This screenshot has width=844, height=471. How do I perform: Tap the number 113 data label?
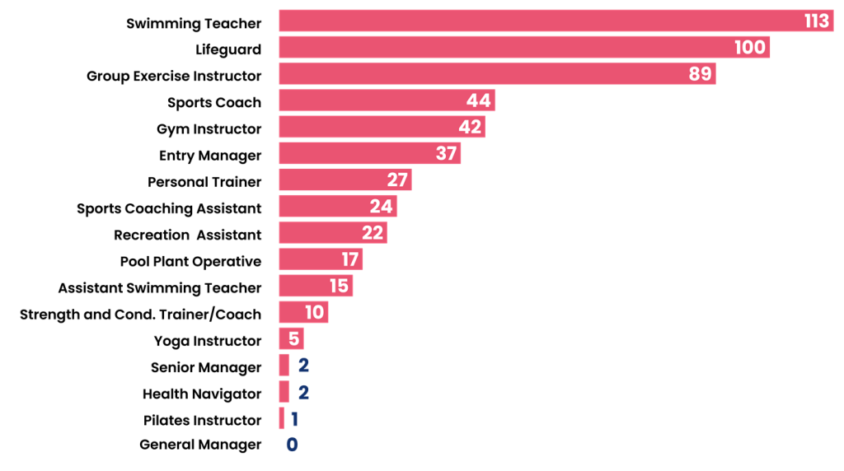pyautogui.click(x=817, y=21)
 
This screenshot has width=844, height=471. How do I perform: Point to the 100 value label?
pyautogui.click(x=750, y=48)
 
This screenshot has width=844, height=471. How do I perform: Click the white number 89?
pyautogui.click(x=700, y=74)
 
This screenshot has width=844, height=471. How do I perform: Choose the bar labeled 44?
pyautogui.click(x=371, y=100)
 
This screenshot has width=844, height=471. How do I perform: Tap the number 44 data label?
pyautogui.click(x=478, y=100)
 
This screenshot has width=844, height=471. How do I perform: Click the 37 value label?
pyautogui.click(x=446, y=153)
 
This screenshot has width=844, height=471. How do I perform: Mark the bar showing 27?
pyautogui.click(x=330, y=180)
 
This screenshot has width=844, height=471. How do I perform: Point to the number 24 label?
pyautogui.click(x=381, y=206)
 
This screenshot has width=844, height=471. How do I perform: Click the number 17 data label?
pyautogui.click(x=350, y=259)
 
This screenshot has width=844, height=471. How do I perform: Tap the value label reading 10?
pyautogui.click(x=314, y=312)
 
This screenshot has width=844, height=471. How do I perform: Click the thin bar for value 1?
pyautogui.click(x=281, y=418)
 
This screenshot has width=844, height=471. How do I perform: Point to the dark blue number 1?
pyautogui.click(x=294, y=419)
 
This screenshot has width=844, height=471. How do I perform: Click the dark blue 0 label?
pyautogui.click(x=292, y=445)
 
